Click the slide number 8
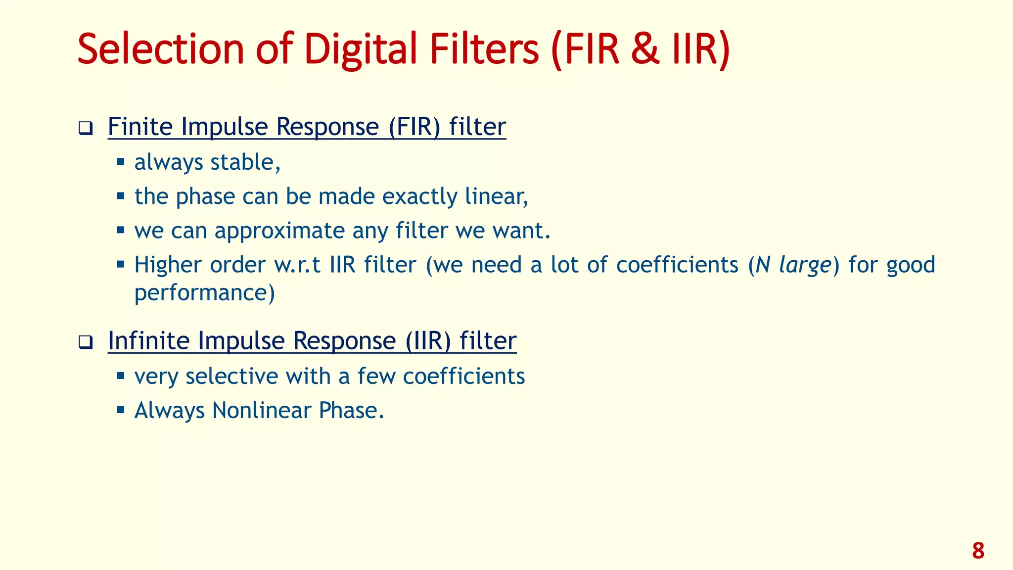point(978,551)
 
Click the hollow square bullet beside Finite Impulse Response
point(86,129)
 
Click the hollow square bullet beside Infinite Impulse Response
point(86,342)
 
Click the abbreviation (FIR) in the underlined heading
point(414,127)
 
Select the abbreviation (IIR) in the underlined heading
point(428,341)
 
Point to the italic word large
point(805,266)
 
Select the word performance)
point(204,293)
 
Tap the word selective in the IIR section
point(231,376)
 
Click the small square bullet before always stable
point(121,161)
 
